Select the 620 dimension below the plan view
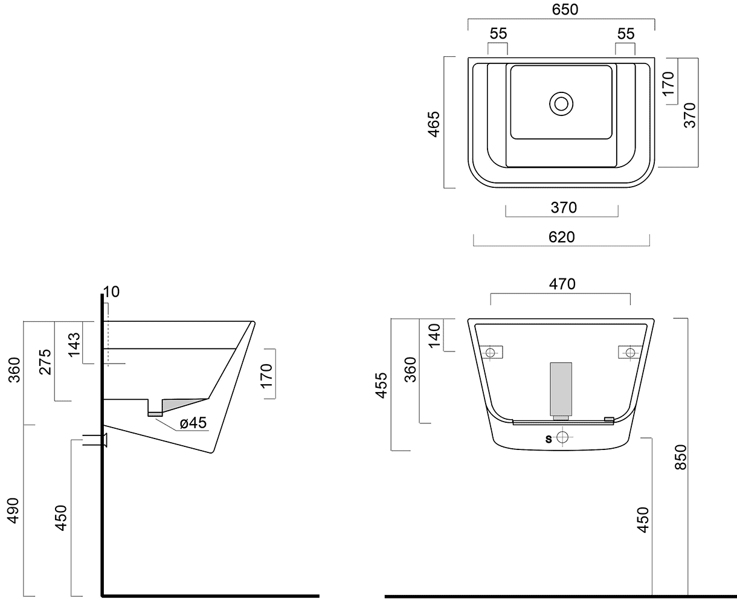561,237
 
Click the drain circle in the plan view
561,103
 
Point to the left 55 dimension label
498,34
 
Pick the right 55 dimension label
626,34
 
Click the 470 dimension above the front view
562,283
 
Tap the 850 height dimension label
681,457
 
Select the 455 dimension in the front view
381,385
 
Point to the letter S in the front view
549,439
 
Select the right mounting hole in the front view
630,352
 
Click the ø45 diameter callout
193,423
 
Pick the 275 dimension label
46,362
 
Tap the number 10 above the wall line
111,292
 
